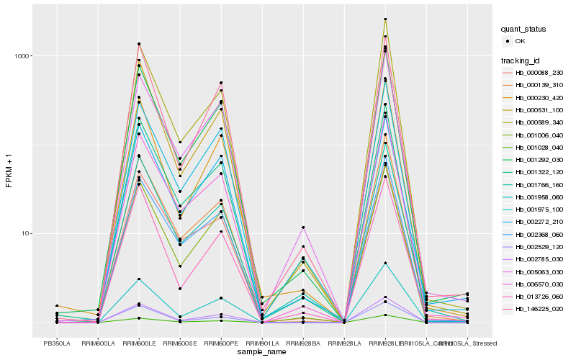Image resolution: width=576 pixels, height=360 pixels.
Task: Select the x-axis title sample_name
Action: point(262,351)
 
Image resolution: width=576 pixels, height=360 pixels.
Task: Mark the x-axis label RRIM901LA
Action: point(262,342)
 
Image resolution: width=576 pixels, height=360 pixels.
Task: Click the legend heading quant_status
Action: point(523,30)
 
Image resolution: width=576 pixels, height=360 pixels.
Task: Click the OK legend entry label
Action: point(520,41)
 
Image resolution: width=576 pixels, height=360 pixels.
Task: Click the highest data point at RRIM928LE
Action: point(385,19)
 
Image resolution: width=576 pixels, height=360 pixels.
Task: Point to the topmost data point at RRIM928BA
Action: point(303,228)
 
